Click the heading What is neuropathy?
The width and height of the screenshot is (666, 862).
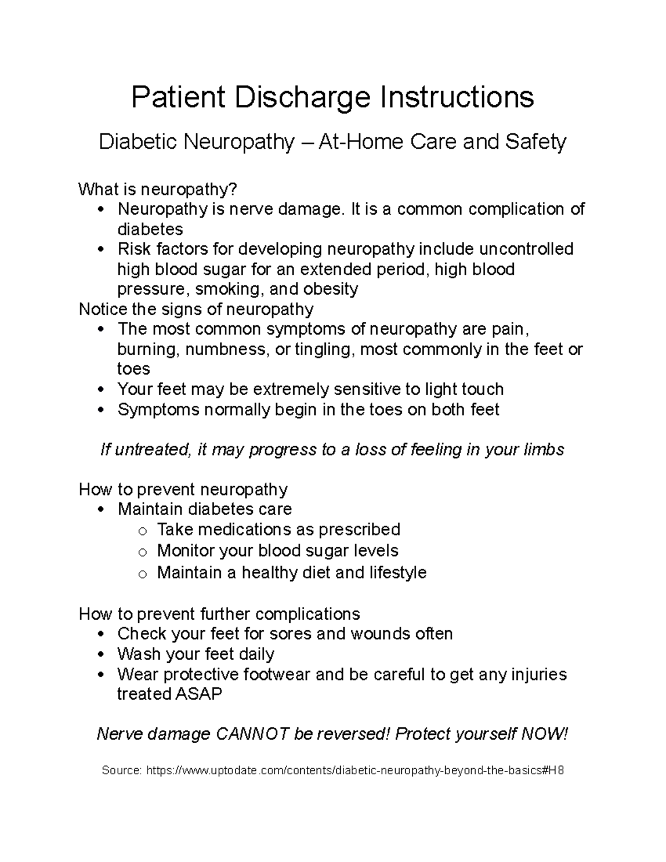(158, 189)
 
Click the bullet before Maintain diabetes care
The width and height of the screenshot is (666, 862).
(100, 510)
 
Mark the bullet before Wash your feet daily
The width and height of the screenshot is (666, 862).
(100, 655)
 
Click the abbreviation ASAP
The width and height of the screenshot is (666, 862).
(199, 694)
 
